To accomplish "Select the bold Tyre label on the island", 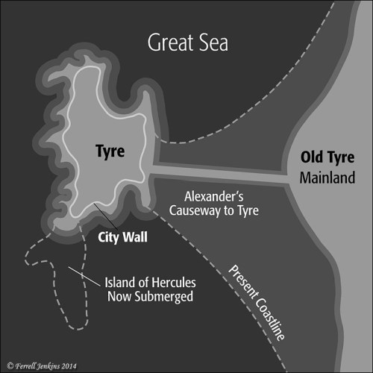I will (x=110, y=152).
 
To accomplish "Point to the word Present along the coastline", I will (x=242, y=279).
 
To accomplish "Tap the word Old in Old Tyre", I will (x=312, y=158).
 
